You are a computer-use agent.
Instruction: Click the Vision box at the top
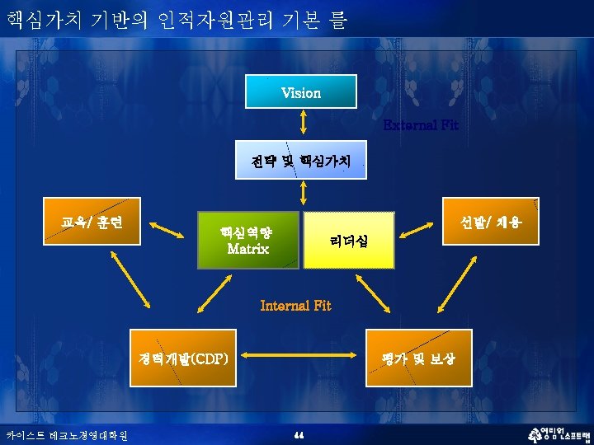coord(301,92)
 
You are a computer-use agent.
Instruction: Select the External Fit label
coord(421,125)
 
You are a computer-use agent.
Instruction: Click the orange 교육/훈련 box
coord(92,222)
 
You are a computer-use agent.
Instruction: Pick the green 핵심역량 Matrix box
coord(247,239)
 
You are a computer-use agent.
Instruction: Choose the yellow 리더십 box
coord(349,240)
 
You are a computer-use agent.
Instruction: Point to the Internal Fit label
coord(295,306)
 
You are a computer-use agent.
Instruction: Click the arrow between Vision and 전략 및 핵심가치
coord(303,121)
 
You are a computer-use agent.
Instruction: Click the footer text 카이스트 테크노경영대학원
coord(66,434)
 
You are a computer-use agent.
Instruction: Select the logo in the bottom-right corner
coord(556,434)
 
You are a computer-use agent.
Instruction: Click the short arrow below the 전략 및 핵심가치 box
coord(304,193)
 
